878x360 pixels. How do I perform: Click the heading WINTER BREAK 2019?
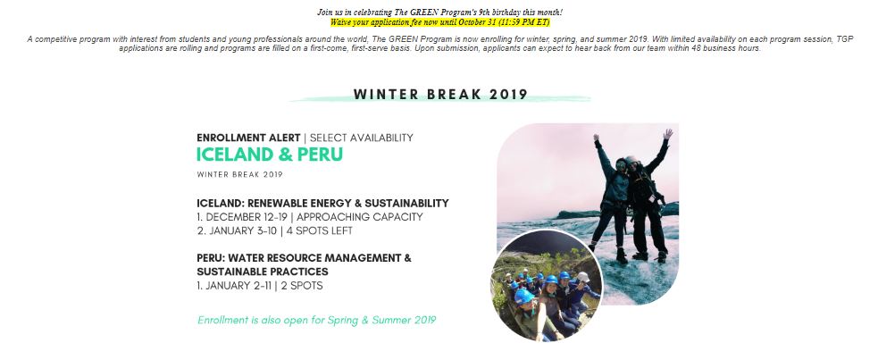(x=440, y=94)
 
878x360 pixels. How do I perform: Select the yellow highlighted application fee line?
(x=439, y=22)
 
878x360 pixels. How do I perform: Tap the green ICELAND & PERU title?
(x=270, y=155)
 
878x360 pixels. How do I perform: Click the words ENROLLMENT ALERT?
(x=248, y=138)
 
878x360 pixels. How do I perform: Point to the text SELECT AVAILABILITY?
(x=361, y=138)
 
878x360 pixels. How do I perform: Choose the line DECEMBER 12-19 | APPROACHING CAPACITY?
(x=310, y=217)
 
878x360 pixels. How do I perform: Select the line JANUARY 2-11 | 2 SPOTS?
(x=260, y=286)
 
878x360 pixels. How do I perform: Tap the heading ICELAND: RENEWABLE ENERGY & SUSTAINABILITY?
(x=322, y=203)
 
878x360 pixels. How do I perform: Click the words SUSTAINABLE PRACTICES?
(x=262, y=272)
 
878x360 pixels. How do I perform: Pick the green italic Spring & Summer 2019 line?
(x=316, y=321)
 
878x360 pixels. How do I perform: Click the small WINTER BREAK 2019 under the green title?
(x=239, y=175)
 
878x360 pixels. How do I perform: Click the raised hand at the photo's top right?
(x=667, y=134)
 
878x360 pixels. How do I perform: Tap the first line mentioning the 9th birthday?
(x=439, y=13)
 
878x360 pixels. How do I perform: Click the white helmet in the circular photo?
(x=583, y=277)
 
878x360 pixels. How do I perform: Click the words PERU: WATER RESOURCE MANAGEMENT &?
(x=304, y=258)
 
